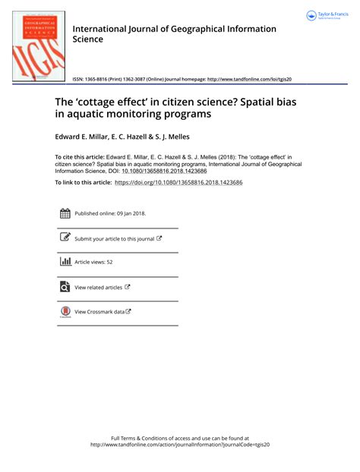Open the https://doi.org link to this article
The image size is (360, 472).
[188, 183]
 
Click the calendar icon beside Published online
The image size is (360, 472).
[65, 213]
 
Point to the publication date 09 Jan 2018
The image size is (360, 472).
[129, 213]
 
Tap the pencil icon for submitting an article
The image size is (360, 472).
[65, 238]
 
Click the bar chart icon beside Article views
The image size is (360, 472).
[65, 262]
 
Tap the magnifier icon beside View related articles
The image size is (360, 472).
[65, 287]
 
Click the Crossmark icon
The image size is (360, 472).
[65, 311]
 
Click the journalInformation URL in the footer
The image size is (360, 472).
[180, 445]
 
